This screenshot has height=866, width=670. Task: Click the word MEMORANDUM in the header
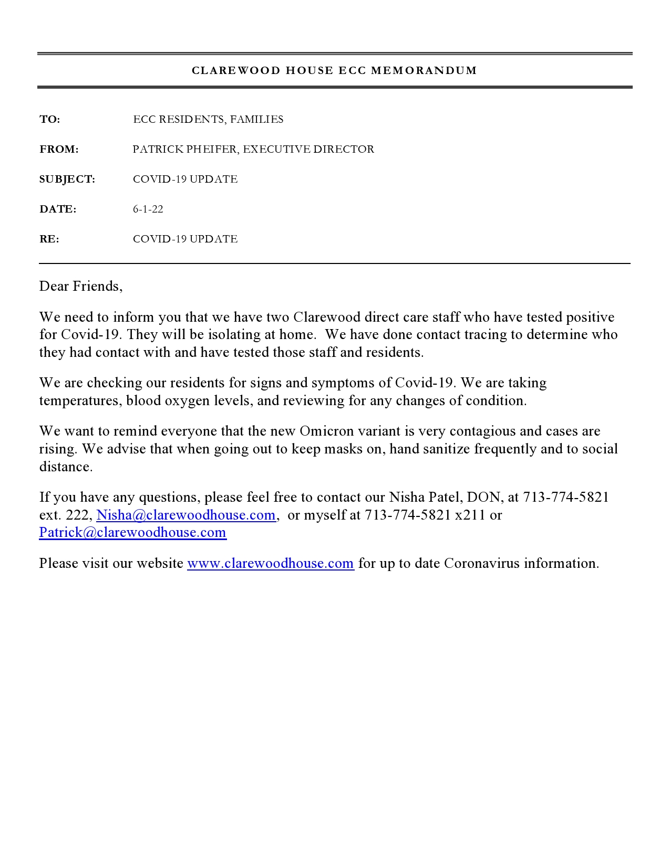pyautogui.click(x=424, y=70)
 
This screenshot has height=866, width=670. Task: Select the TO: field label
pyautogui.click(x=50, y=120)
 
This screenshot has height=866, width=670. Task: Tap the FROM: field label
pyautogui.click(x=59, y=150)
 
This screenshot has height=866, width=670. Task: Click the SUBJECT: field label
pyautogui.click(x=67, y=179)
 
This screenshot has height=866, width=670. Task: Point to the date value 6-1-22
pyautogui.click(x=148, y=209)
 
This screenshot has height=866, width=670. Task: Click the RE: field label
pyautogui.click(x=49, y=239)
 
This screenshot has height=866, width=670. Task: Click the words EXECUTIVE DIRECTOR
pyautogui.click(x=308, y=150)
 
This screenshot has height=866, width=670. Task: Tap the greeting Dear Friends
pyautogui.click(x=80, y=286)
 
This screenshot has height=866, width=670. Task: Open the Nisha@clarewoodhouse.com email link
pyautogui.click(x=186, y=515)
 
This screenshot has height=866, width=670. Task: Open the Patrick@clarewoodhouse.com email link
pyautogui.click(x=133, y=533)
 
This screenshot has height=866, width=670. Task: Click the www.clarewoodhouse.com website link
pyautogui.click(x=271, y=563)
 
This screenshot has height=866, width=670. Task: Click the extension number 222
pyautogui.click(x=78, y=515)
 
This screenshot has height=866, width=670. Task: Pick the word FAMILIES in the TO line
pyautogui.click(x=257, y=120)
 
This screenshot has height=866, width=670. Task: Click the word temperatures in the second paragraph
pyautogui.click(x=80, y=401)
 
